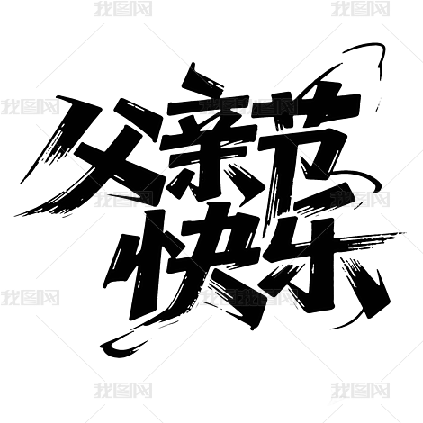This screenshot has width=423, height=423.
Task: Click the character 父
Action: point(99,156)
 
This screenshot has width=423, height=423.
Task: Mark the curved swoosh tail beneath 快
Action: point(135,339)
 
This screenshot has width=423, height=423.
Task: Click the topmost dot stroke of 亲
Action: point(201,77)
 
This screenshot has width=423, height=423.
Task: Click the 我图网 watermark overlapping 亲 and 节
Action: point(249,107)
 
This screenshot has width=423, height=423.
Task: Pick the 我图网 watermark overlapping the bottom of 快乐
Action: point(249,297)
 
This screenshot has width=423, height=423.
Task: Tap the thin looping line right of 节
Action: point(360,186)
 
